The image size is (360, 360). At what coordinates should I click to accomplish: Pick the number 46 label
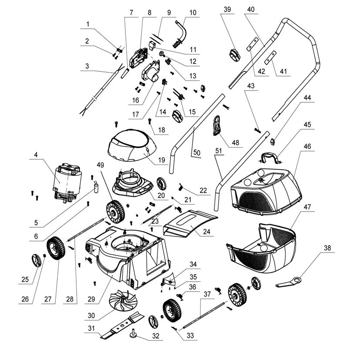[307, 147]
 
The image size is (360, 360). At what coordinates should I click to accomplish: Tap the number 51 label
[219, 151]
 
